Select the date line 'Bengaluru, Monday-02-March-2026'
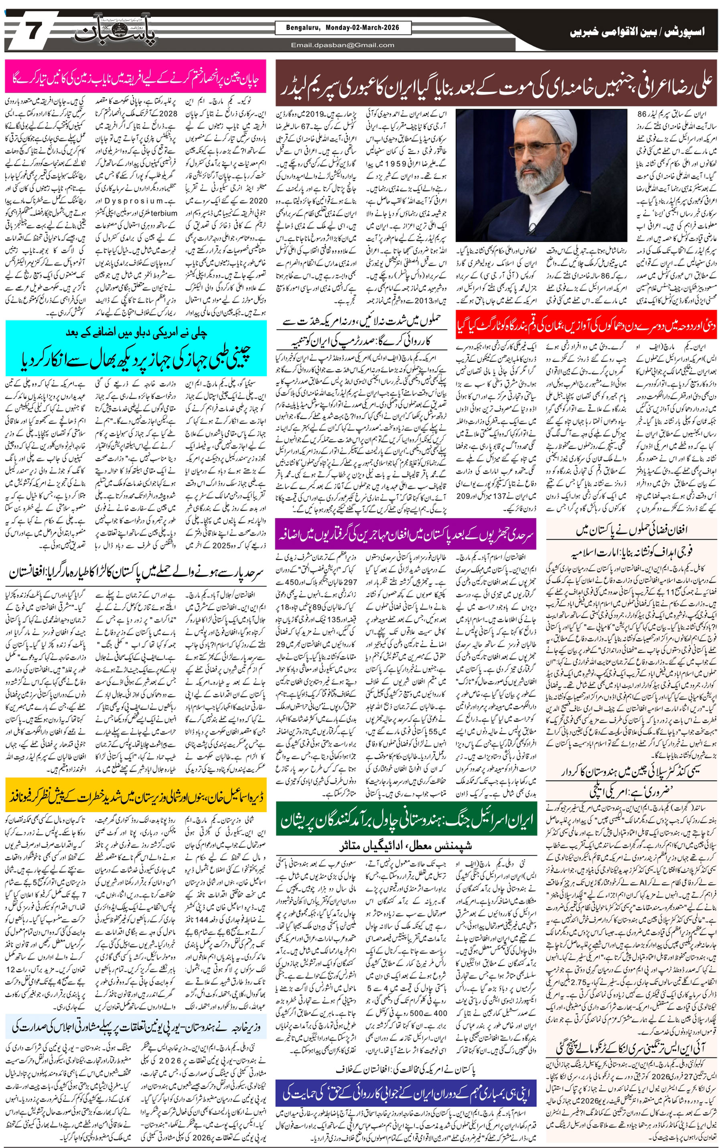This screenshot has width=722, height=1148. tap(342, 28)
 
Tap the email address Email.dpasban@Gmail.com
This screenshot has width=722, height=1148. tap(342, 45)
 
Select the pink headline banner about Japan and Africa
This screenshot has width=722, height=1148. tap(136, 76)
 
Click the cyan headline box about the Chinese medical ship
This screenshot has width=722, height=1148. tap(136, 349)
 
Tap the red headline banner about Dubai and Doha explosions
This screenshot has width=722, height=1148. tap(586, 326)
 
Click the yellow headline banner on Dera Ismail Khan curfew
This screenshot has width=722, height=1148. tap(136, 795)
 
